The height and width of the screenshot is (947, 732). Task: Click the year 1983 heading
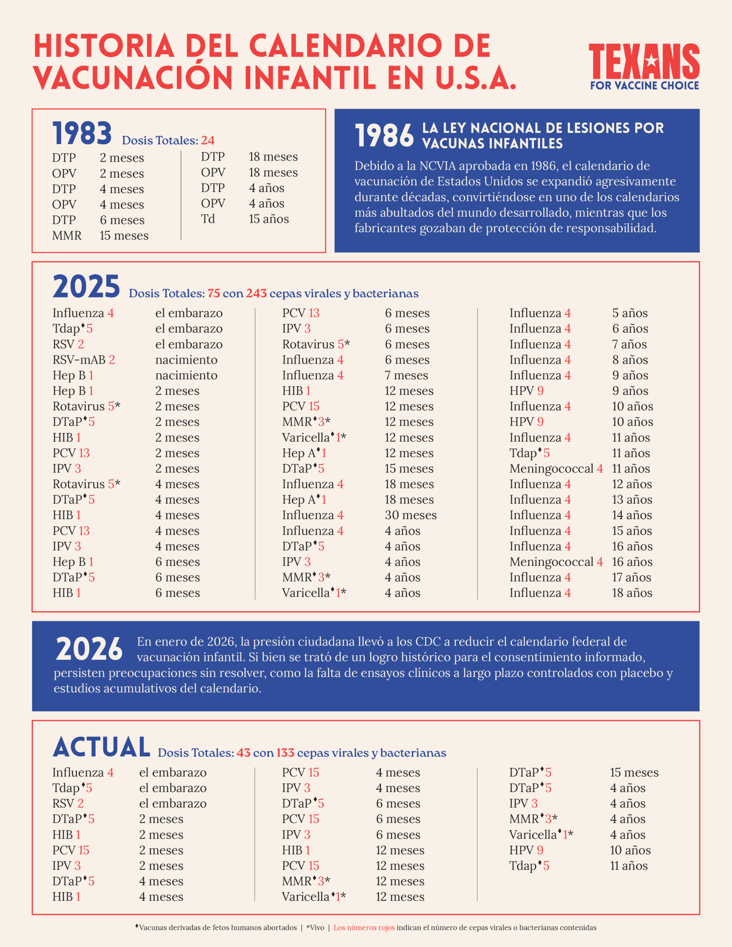tap(82, 134)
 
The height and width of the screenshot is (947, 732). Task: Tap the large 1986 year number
tap(384, 136)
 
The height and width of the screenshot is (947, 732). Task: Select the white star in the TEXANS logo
tap(651, 61)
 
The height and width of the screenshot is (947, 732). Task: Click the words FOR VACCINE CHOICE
tap(644, 85)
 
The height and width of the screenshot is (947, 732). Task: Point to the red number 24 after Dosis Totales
tap(207, 141)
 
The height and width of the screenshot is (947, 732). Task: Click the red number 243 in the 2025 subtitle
tap(256, 294)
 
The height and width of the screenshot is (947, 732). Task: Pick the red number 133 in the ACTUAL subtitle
tap(285, 753)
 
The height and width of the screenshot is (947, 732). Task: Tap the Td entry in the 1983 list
tap(208, 219)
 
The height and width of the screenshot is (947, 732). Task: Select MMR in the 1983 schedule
tap(67, 235)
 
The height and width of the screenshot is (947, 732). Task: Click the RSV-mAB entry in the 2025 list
tap(79, 360)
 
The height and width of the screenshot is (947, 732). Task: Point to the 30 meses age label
tap(410, 515)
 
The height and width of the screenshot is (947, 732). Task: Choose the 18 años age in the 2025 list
tap(632, 593)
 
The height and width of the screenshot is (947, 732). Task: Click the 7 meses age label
tap(406, 375)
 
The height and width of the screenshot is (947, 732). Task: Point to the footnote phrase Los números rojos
tap(364, 927)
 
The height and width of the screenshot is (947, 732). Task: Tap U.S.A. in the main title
tap(476, 78)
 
